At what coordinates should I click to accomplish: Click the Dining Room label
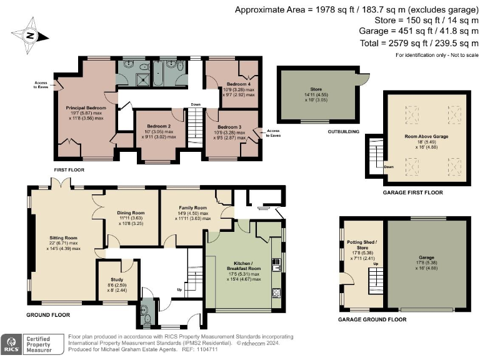point(131,212)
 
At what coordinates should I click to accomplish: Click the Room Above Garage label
point(427,136)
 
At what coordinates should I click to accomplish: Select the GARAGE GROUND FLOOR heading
point(372,319)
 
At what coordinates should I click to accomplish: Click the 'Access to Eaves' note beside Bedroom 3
point(273,133)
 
